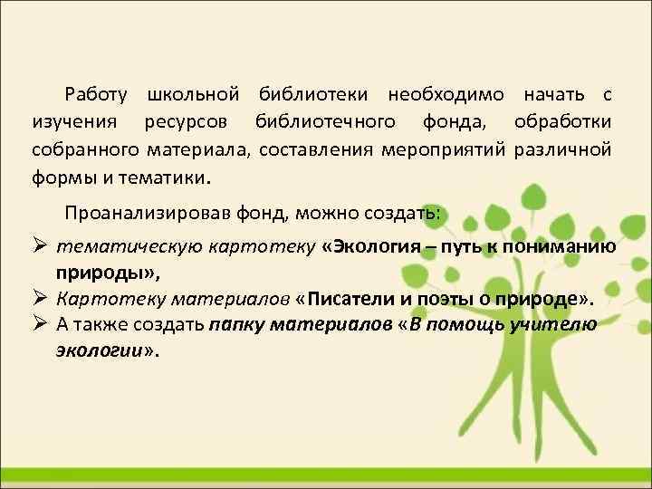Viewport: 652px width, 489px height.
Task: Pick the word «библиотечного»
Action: [x=324, y=122]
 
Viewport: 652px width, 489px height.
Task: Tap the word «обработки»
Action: [x=562, y=122]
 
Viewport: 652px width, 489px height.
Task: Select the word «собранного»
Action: [x=84, y=149]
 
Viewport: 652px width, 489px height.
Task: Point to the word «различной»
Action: [x=562, y=149]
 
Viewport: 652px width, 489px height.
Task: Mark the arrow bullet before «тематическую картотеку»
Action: [x=40, y=244]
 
